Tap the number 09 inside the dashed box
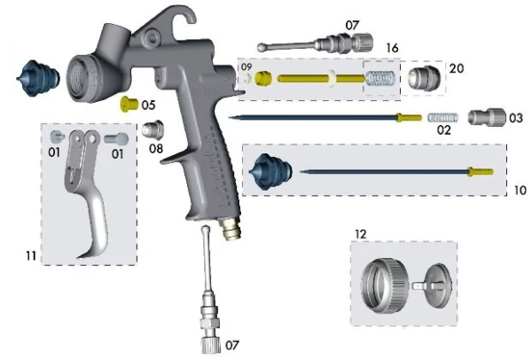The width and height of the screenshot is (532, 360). pos(246,67)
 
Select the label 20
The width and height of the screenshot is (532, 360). pos(456,67)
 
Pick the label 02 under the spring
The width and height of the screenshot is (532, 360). pos(442,129)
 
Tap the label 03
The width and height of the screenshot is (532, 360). pos(515,118)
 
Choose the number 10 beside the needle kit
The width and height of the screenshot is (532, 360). pos(520,190)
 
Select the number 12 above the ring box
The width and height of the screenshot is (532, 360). pos(360,234)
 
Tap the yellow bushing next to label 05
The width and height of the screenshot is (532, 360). pos(130,104)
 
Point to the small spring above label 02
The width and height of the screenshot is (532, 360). pos(442,117)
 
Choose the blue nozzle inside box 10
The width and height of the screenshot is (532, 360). pos(267,170)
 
